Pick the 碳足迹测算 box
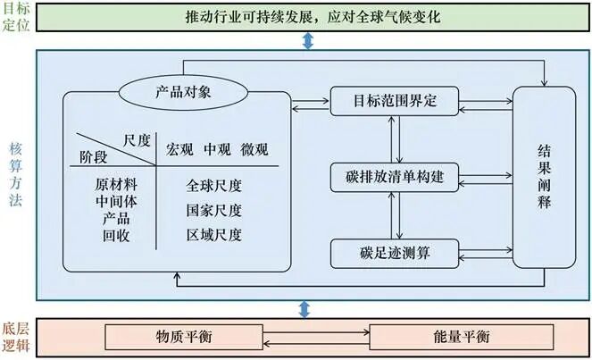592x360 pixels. tap(394, 253)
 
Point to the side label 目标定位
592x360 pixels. tap(16, 17)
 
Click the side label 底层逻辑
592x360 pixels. tap(16, 338)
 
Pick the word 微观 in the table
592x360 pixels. tap(254, 149)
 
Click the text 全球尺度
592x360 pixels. tap(214, 187)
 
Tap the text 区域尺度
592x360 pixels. tap(214, 236)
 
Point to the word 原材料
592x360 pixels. tap(116, 185)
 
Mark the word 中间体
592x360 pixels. tap(116, 202)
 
